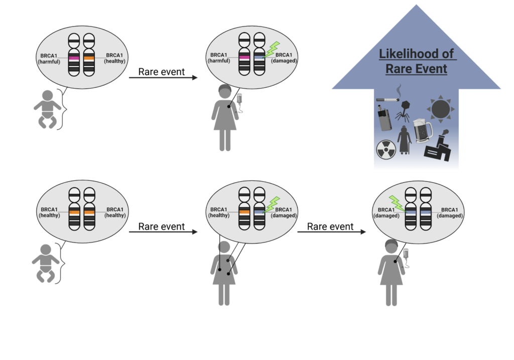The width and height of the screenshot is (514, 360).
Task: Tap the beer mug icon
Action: click(423, 131)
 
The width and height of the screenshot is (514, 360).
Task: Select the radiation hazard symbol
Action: click(384, 149)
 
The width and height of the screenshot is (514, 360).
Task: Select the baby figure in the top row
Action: click(47, 108)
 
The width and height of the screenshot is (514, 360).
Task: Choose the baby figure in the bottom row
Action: click(46, 263)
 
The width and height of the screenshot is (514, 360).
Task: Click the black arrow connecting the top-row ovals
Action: click(164, 78)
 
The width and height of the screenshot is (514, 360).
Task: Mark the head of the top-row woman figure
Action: click(224, 92)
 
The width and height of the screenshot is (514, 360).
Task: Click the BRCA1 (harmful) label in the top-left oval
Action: click(49, 58)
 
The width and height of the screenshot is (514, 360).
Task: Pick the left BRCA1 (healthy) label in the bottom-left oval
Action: click(49, 212)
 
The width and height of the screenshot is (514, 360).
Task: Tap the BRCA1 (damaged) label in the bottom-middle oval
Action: click(284, 212)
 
